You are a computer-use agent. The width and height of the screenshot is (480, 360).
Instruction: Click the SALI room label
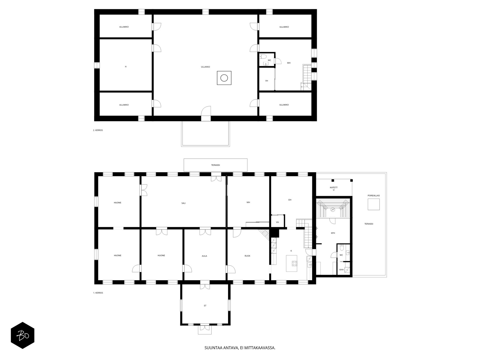(183, 203)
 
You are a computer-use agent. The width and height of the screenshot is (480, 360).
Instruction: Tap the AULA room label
(204, 256)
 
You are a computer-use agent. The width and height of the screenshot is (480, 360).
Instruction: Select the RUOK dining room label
(247, 256)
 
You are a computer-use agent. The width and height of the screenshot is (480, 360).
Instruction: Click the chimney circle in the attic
(224, 78)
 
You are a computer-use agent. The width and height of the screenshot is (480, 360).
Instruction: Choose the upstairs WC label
(269, 60)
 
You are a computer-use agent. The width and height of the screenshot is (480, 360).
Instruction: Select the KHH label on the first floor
(341, 270)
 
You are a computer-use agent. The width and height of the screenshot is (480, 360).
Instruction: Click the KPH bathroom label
(333, 233)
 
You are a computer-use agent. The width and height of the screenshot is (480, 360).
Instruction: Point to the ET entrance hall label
(205, 306)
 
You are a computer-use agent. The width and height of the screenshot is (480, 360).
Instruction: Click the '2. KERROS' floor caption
(98, 130)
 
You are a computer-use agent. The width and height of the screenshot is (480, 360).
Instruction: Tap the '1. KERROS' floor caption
(98, 293)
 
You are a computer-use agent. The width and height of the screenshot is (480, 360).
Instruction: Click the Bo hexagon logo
(22, 335)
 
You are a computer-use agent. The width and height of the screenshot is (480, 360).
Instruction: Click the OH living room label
(289, 200)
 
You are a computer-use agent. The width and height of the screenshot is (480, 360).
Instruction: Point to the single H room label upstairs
(125, 67)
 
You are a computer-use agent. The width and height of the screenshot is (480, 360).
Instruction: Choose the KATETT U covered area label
(334, 189)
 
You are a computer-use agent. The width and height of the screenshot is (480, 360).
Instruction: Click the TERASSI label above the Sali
(215, 165)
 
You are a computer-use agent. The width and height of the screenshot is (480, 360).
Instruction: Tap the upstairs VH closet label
(266, 81)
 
